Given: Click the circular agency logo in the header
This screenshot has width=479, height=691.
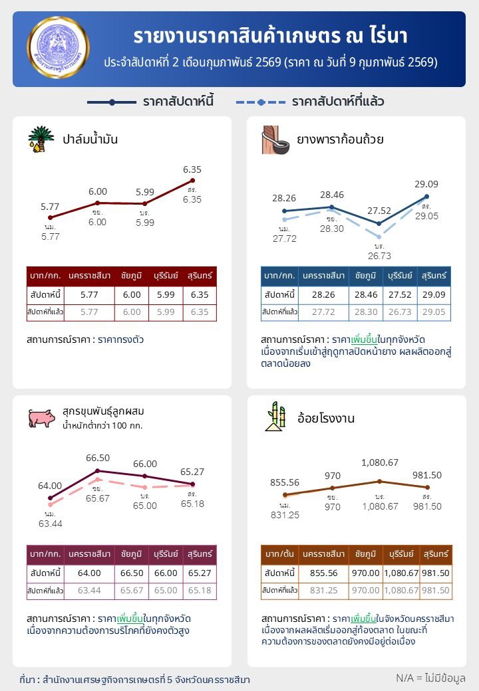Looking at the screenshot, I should tap(59, 49).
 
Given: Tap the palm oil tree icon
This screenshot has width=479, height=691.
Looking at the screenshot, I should tap(41, 139).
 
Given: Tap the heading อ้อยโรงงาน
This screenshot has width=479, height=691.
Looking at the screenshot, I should tap(325, 419).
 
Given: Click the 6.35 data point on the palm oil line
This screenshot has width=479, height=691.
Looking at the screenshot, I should tap(192, 180).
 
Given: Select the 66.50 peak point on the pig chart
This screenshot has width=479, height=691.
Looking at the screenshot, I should tap(98, 470).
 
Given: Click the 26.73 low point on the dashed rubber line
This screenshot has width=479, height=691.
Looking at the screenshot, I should tap(379, 237).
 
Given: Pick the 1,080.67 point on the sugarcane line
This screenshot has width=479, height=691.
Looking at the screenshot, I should tap(379, 481).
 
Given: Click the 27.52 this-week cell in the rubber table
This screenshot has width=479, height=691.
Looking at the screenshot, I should tap(401, 294).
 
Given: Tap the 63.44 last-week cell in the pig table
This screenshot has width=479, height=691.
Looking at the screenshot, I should tap(89, 590).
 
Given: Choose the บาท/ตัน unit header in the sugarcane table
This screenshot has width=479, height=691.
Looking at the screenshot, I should tap(279, 554).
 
